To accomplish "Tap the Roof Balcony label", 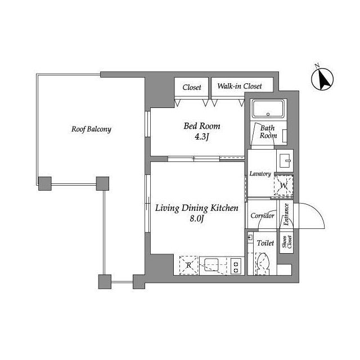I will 91,129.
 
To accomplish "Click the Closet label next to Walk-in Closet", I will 192,87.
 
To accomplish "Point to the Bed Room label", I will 202,126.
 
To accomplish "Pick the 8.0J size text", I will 196,219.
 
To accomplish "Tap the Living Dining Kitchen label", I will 197,209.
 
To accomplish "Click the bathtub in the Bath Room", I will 269,109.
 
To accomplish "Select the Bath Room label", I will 268,132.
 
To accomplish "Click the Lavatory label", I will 260,174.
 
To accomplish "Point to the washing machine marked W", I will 283,185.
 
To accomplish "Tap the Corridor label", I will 262,216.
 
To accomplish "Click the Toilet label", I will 265,244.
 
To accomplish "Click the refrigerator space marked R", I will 188,264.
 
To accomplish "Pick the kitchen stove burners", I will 235,264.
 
